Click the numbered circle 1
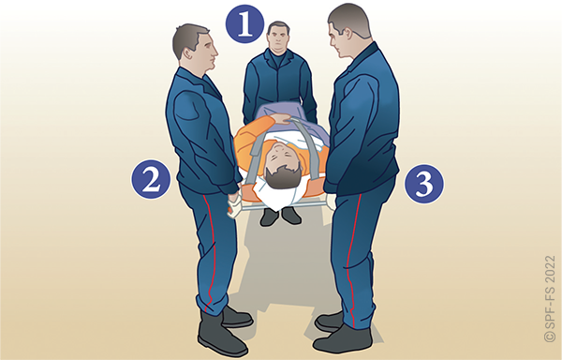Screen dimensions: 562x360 [244, 23]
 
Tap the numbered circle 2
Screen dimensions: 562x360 [151, 179]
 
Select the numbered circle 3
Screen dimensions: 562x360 [424, 184]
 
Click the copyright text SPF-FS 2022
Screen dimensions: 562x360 [550, 299]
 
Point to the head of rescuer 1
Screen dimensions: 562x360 [278, 37]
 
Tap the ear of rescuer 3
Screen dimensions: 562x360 [348, 33]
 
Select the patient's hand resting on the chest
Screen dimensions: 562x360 [281, 118]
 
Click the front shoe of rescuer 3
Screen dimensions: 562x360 [342, 339]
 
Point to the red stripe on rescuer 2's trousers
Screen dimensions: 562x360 [211, 251]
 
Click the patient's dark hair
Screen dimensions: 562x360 [283, 177]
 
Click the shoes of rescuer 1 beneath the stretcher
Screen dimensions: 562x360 [280, 216]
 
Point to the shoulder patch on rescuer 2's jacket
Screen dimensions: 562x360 [186, 105]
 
